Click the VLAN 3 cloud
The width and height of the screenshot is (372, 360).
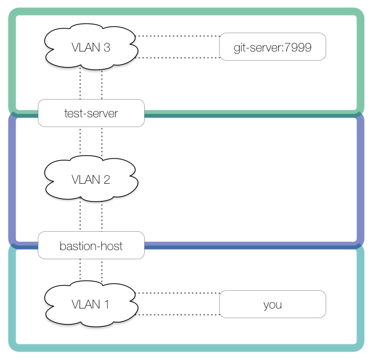91,47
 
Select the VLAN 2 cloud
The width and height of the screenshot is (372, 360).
91,179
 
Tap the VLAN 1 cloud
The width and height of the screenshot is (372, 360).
91,304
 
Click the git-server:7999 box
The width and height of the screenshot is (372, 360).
272,47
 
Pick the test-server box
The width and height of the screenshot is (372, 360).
91,113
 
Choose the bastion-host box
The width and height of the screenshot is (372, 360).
91,246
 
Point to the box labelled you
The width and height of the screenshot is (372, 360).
272,304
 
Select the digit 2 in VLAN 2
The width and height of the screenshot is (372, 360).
106,180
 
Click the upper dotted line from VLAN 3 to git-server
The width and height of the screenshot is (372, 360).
179,36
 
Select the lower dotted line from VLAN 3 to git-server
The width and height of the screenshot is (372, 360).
179,58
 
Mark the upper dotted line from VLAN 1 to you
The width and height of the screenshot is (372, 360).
179,293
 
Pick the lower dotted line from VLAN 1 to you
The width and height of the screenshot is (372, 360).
179,315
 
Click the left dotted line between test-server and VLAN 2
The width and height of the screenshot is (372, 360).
80,140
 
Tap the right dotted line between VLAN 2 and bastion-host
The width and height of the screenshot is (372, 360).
102,215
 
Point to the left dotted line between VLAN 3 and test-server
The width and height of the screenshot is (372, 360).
80,84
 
